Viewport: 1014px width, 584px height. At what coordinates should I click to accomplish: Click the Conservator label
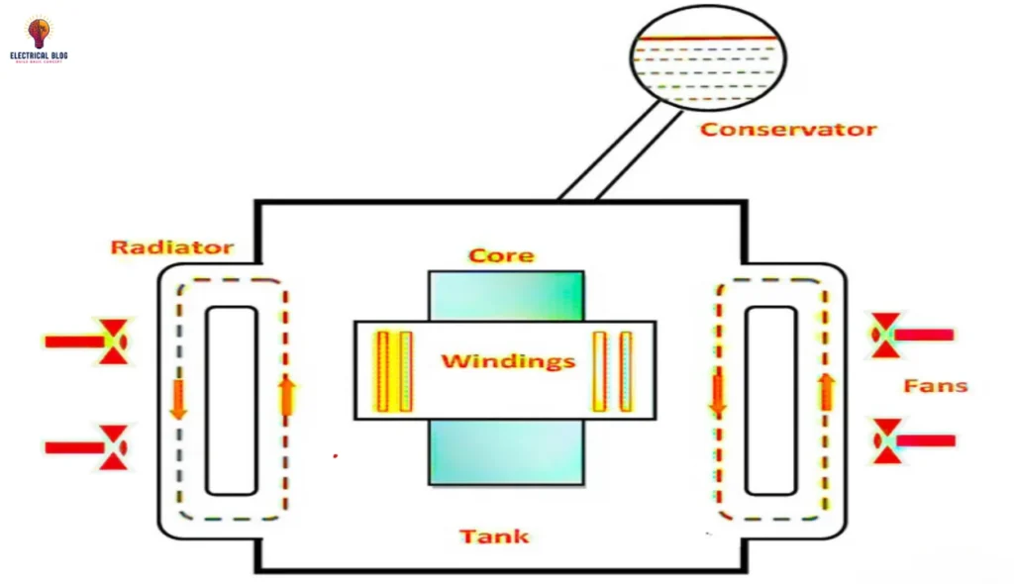tap(788, 129)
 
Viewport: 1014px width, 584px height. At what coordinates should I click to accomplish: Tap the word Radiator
tap(171, 246)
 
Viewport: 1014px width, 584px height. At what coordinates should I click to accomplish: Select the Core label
tap(501, 255)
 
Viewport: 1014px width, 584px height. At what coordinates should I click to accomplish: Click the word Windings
tap(508, 360)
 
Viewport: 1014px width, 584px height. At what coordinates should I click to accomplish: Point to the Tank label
tap(494, 536)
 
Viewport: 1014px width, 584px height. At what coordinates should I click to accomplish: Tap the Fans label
tap(935, 385)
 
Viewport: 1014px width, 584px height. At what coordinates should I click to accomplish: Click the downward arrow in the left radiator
tap(179, 398)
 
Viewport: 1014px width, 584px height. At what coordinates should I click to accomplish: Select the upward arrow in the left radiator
tap(287, 395)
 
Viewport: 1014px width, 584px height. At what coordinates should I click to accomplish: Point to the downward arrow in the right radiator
tap(718, 394)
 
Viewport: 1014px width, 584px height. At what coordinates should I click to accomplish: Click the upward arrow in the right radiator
tap(825, 392)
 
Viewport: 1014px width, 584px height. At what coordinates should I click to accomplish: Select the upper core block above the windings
tap(506, 295)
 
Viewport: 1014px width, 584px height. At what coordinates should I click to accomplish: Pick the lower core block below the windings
tap(506, 452)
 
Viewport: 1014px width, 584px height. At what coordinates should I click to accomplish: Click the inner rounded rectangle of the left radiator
tap(232, 400)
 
